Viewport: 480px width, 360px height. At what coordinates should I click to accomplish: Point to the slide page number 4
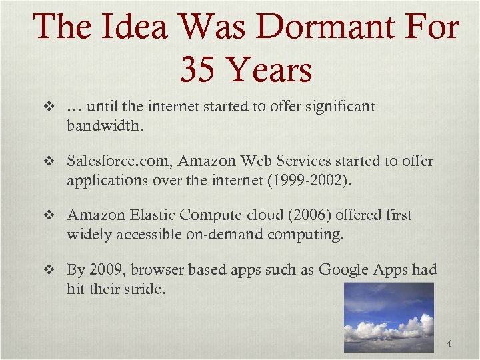(449, 344)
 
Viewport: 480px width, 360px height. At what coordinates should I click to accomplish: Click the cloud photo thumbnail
(389, 317)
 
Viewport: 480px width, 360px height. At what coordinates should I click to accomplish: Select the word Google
(341, 270)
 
